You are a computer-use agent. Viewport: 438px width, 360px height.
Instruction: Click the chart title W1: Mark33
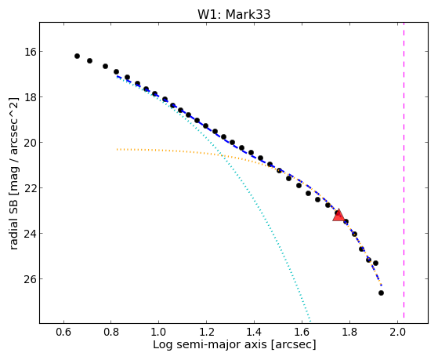[233, 15]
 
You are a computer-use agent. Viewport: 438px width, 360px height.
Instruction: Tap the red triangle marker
[338, 216]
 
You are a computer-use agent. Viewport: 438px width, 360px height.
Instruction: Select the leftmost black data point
[77, 56]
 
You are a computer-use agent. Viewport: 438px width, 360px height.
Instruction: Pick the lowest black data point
[381, 293]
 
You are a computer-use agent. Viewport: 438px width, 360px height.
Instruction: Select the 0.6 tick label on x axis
[63, 332]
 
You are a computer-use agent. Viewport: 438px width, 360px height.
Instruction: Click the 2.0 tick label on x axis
[398, 332]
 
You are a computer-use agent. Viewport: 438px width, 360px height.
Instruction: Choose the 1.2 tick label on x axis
[207, 332]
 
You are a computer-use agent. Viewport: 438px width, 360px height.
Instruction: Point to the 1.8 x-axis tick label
[350, 332]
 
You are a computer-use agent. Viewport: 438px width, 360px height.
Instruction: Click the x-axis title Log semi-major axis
[210, 344]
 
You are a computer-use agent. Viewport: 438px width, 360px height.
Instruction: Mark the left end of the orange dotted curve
[117, 149]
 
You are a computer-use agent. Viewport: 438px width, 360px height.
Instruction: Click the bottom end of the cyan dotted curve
[310, 321]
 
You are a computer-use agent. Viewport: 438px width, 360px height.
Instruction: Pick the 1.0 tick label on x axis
[159, 332]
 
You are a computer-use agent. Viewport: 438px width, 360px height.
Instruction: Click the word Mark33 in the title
[248, 15]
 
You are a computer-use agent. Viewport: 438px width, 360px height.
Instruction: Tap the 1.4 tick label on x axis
[255, 332]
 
